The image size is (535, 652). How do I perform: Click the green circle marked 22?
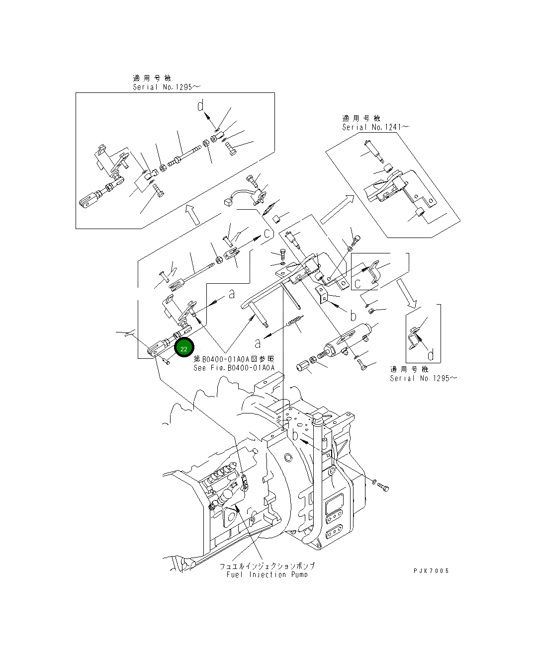click(x=183, y=348)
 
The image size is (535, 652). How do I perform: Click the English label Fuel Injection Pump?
click(x=263, y=574)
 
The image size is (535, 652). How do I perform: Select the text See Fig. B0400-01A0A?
click(x=234, y=368)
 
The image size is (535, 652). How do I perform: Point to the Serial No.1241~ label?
click(x=375, y=127)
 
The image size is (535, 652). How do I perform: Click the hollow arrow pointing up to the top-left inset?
click(x=190, y=214)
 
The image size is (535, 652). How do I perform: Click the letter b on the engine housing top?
click(x=295, y=435)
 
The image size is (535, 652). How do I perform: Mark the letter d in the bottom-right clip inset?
click(x=430, y=354)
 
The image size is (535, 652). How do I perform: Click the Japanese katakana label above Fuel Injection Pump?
click(x=267, y=567)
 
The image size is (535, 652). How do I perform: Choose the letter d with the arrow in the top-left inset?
click(x=200, y=106)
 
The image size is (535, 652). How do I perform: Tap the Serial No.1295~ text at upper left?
click(x=159, y=87)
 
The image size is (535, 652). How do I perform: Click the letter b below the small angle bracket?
click(x=353, y=316)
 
